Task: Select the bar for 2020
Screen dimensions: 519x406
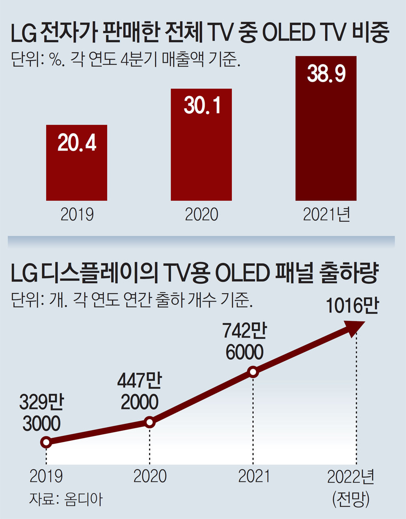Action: (201, 154)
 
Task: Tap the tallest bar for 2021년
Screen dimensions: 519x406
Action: (326, 138)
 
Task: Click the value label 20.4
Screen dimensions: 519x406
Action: (77, 143)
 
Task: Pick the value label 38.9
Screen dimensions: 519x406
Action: (326, 74)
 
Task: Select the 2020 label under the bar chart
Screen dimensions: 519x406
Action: (201, 215)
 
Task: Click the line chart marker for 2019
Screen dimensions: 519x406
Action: (46, 442)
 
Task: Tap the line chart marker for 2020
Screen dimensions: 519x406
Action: (150, 422)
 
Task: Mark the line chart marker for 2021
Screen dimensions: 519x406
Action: (253, 372)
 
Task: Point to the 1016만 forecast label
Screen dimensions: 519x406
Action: (352, 306)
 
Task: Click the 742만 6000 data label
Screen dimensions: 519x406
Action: (244, 341)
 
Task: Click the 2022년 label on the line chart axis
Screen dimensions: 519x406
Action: (351, 477)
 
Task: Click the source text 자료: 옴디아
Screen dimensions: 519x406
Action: (65, 499)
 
